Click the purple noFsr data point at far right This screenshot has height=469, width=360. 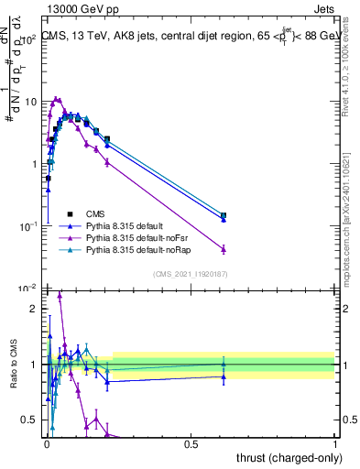[224, 249]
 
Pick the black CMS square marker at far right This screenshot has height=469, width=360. [224, 215]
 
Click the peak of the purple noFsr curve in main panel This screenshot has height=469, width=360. [57, 99]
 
